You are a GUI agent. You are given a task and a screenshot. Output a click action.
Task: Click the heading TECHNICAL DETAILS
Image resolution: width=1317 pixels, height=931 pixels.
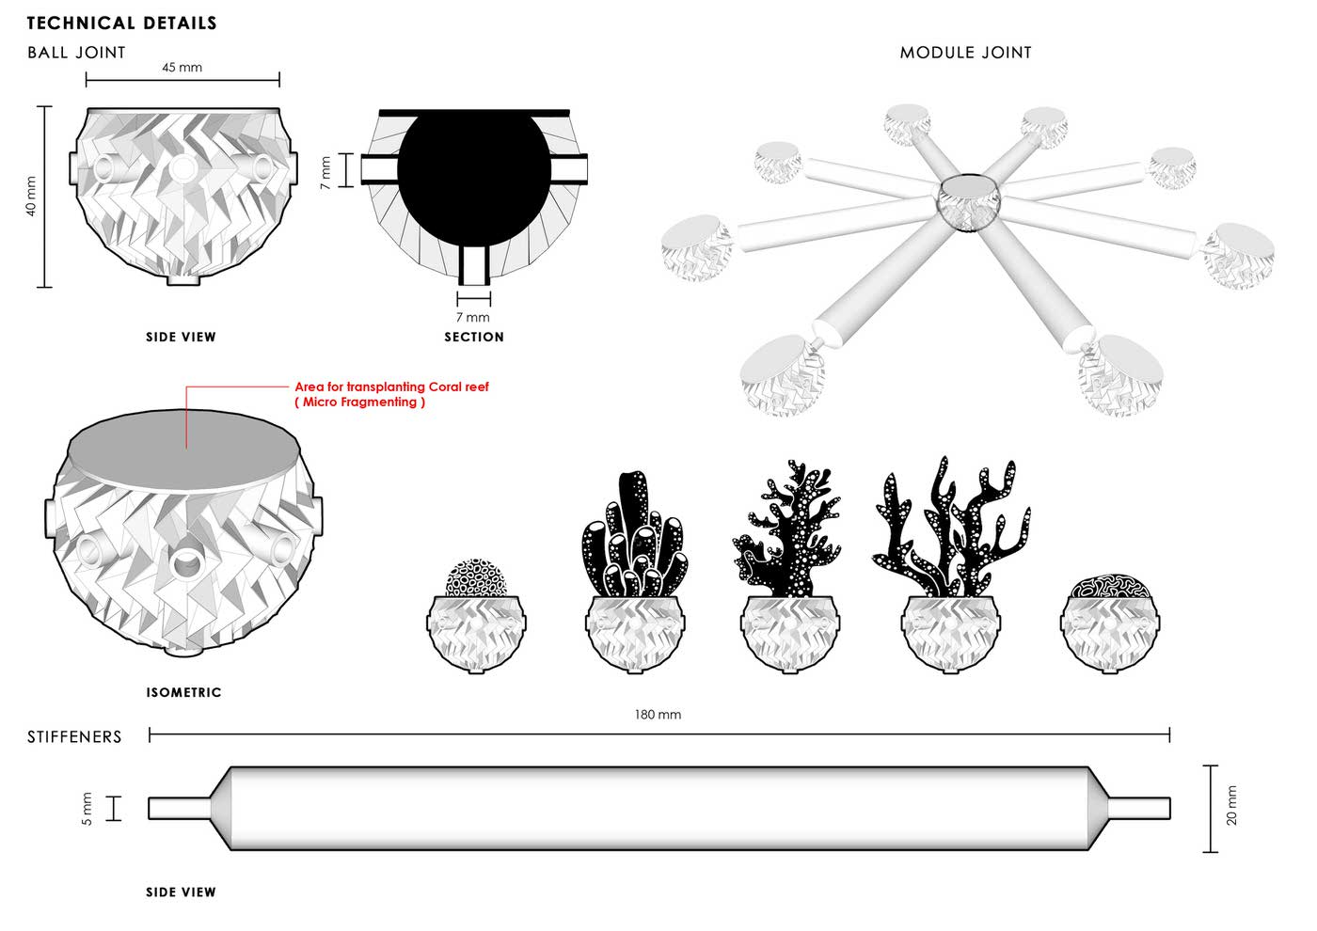(x=121, y=23)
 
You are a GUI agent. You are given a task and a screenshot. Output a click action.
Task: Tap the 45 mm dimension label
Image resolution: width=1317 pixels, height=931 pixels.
(x=182, y=68)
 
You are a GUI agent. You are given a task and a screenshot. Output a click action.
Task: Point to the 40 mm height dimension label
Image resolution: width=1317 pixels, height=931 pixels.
(x=31, y=197)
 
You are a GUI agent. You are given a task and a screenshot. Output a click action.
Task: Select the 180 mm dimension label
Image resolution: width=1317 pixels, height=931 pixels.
(x=658, y=715)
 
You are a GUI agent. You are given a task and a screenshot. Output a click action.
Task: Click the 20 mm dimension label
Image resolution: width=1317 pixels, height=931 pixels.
(x=1232, y=806)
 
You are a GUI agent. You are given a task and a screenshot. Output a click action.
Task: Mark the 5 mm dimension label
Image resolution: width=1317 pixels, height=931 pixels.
(x=87, y=808)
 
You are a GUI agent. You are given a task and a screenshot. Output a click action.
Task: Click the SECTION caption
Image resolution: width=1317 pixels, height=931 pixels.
(x=474, y=337)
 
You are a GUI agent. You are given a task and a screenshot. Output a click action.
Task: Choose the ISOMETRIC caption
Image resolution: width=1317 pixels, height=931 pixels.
(x=183, y=693)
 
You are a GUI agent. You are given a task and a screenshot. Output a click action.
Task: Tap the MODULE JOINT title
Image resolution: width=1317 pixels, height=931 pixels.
(x=965, y=53)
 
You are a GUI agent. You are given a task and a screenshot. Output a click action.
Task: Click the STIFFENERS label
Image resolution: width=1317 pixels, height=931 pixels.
(x=74, y=737)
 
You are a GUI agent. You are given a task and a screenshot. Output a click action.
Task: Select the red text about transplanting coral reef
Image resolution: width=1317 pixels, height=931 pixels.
(x=391, y=394)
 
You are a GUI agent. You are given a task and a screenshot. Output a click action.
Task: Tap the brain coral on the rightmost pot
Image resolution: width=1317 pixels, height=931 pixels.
(x=1111, y=586)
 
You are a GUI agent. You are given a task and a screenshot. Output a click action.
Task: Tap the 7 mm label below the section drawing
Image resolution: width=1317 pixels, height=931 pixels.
(x=473, y=318)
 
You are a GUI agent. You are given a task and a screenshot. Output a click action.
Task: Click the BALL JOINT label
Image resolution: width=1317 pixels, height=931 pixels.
(x=76, y=53)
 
